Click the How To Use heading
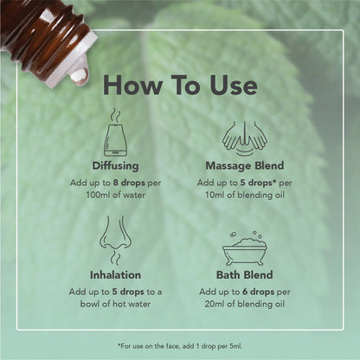coord(179,85)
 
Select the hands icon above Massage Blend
coord(244,135)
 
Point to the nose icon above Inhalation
coord(115,241)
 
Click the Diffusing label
coord(115,164)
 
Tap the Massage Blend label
coord(244,164)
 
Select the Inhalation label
coord(115,275)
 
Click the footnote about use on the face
coord(179,344)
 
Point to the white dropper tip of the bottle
coord(74,65)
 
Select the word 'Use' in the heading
coord(228,85)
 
